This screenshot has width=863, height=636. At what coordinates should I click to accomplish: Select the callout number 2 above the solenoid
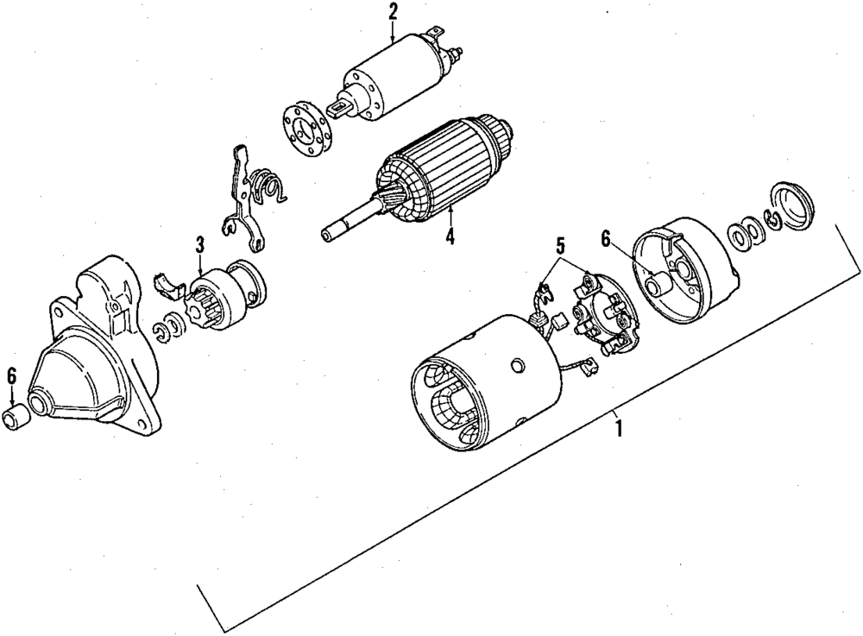(393, 12)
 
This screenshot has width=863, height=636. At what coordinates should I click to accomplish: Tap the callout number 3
(199, 245)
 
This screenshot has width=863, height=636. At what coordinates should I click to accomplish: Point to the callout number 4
(449, 236)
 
